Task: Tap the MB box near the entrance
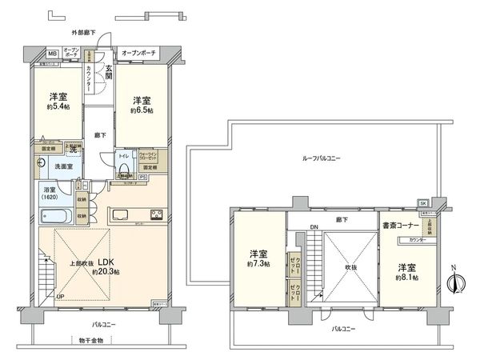(52, 54)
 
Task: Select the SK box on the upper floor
(422, 203)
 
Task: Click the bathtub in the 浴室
(55, 215)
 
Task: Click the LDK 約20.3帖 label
(104, 267)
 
